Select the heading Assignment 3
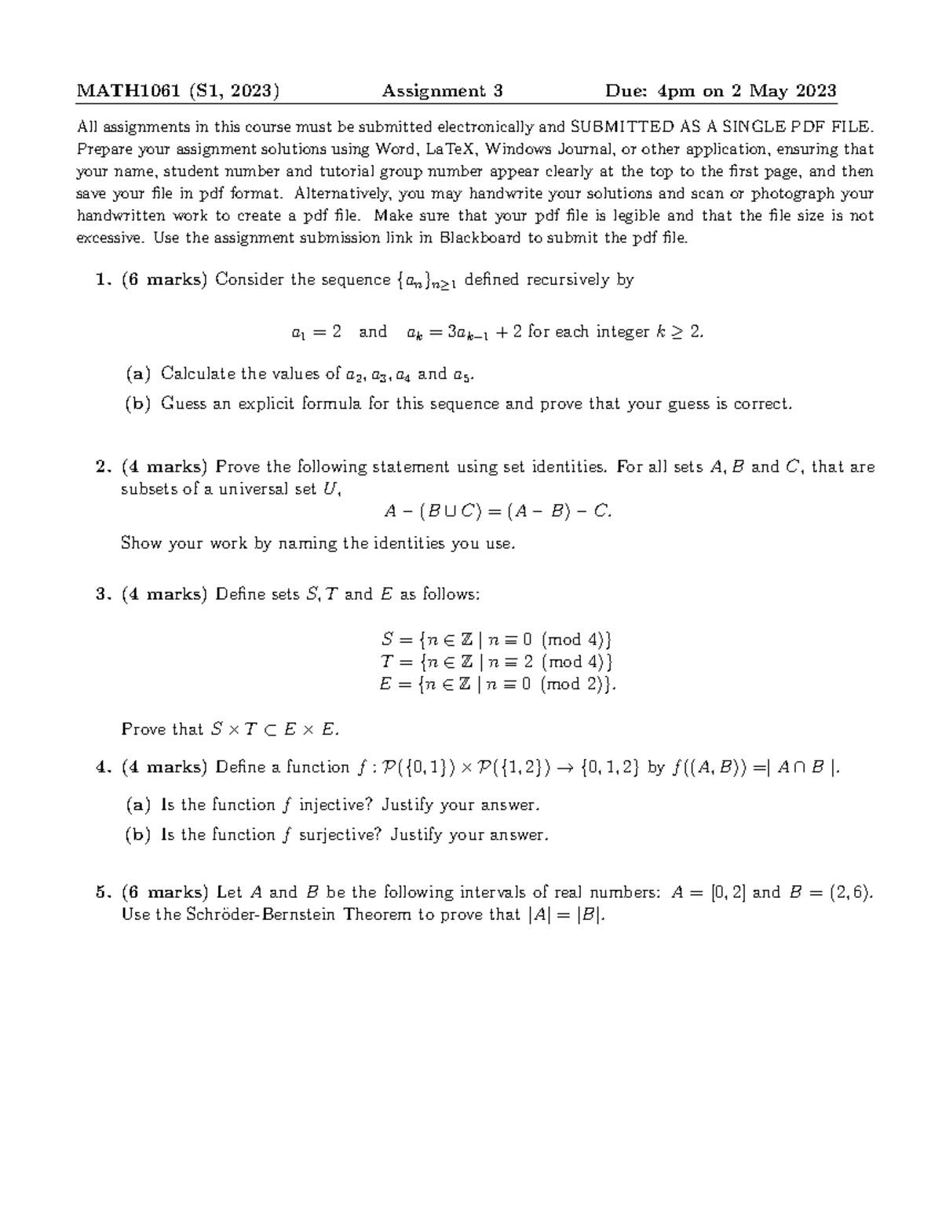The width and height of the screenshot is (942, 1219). pos(442,91)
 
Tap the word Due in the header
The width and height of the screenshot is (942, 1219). pos(626,91)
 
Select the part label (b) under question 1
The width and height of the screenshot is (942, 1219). pos(137,404)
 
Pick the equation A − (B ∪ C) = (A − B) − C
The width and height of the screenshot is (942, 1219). pos(497,512)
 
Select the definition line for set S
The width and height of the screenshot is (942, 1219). pos(496,639)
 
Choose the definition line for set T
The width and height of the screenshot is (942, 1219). pos(496,662)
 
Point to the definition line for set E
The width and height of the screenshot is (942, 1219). pos(496,684)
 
